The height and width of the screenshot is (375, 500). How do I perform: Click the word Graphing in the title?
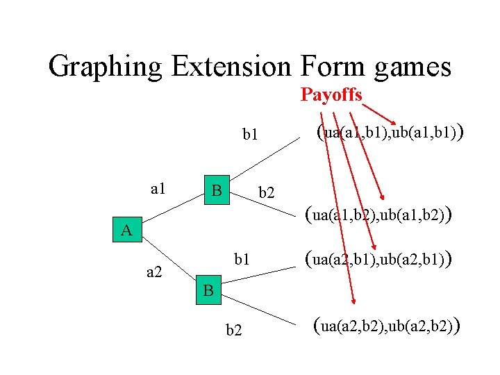[x=105, y=67]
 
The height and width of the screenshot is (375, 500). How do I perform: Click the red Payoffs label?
[x=331, y=94]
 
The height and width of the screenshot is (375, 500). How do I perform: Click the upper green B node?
[x=216, y=190]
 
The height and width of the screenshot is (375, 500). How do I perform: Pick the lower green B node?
[x=208, y=290]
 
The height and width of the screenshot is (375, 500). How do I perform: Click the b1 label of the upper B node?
[x=249, y=134]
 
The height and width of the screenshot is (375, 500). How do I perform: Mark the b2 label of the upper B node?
[x=267, y=192]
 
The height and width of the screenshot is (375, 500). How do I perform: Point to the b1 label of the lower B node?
[x=242, y=260]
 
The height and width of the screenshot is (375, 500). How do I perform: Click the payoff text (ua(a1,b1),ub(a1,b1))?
[x=389, y=132]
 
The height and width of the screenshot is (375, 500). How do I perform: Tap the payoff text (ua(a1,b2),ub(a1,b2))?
[x=378, y=215]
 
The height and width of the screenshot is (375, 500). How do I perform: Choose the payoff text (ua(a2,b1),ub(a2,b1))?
[x=378, y=260]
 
